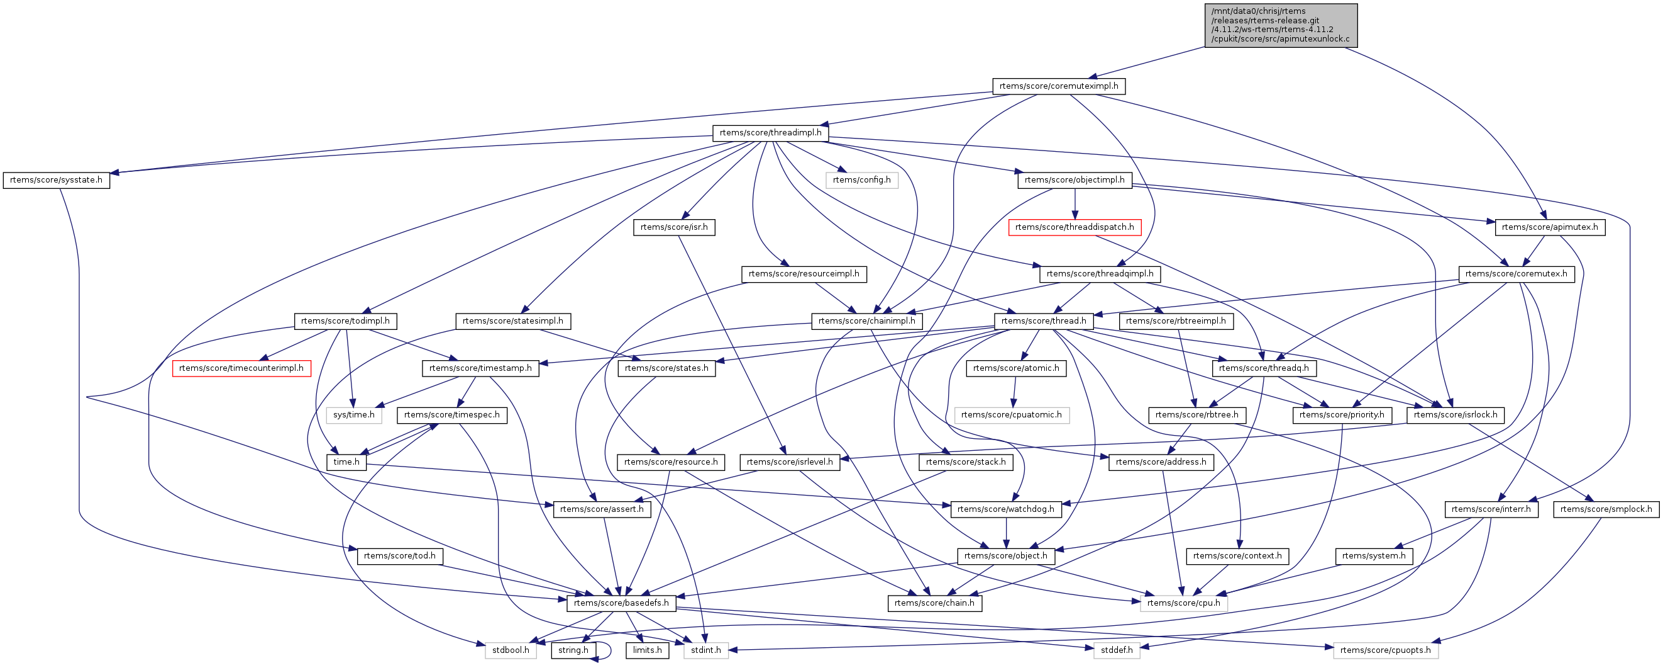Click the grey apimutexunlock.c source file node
click(x=1280, y=25)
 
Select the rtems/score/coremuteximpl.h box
click(x=1058, y=86)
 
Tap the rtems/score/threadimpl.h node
click(x=770, y=133)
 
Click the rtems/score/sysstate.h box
click(x=56, y=180)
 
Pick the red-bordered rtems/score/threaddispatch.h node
click(x=1075, y=227)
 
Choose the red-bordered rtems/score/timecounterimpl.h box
click(x=241, y=368)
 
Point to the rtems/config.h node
click(x=861, y=180)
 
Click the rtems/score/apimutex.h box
click(x=1549, y=227)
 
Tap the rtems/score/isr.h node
click(x=673, y=227)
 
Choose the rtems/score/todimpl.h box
click(x=345, y=321)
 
